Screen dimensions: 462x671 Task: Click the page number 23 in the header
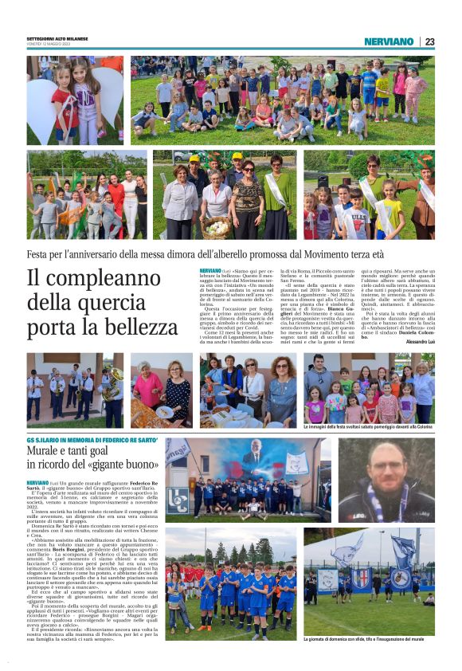tap(429, 41)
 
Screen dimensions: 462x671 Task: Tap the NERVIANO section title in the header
tap(389, 41)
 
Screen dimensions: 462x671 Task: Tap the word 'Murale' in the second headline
tap(49, 452)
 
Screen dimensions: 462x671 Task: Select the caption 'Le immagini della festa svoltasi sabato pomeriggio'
tap(362, 427)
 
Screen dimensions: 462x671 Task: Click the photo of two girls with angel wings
tap(75, 100)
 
